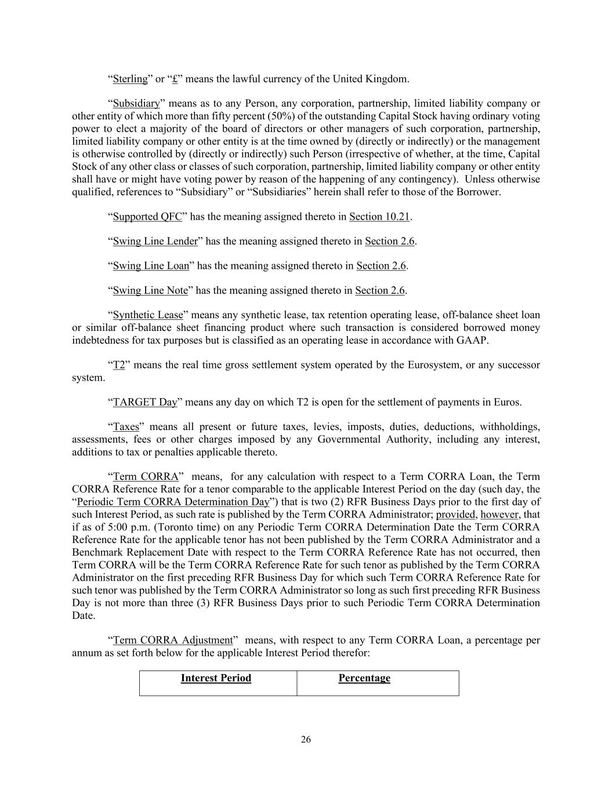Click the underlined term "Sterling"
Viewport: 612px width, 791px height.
pos(130,79)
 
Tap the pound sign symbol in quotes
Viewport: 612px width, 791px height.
pos(175,79)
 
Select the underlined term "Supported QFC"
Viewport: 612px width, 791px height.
pos(147,217)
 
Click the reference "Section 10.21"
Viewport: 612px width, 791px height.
pos(379,217)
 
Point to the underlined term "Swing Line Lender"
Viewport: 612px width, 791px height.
pos(155,241)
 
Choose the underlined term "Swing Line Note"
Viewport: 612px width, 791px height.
pos(150,290)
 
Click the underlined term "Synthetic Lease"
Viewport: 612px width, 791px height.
pos(148,315)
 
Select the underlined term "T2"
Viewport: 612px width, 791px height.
pos(119,365)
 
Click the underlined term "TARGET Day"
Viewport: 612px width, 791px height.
pos(145,402)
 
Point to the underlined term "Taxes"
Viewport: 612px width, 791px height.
pos(126,427)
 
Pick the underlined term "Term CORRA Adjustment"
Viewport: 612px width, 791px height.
pos(172,640)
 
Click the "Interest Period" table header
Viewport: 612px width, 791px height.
pos(216,678)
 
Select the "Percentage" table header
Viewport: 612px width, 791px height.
pos(364,678)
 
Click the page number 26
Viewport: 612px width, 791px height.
pos(306,739)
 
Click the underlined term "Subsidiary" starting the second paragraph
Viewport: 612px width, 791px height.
pos(136,104)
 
